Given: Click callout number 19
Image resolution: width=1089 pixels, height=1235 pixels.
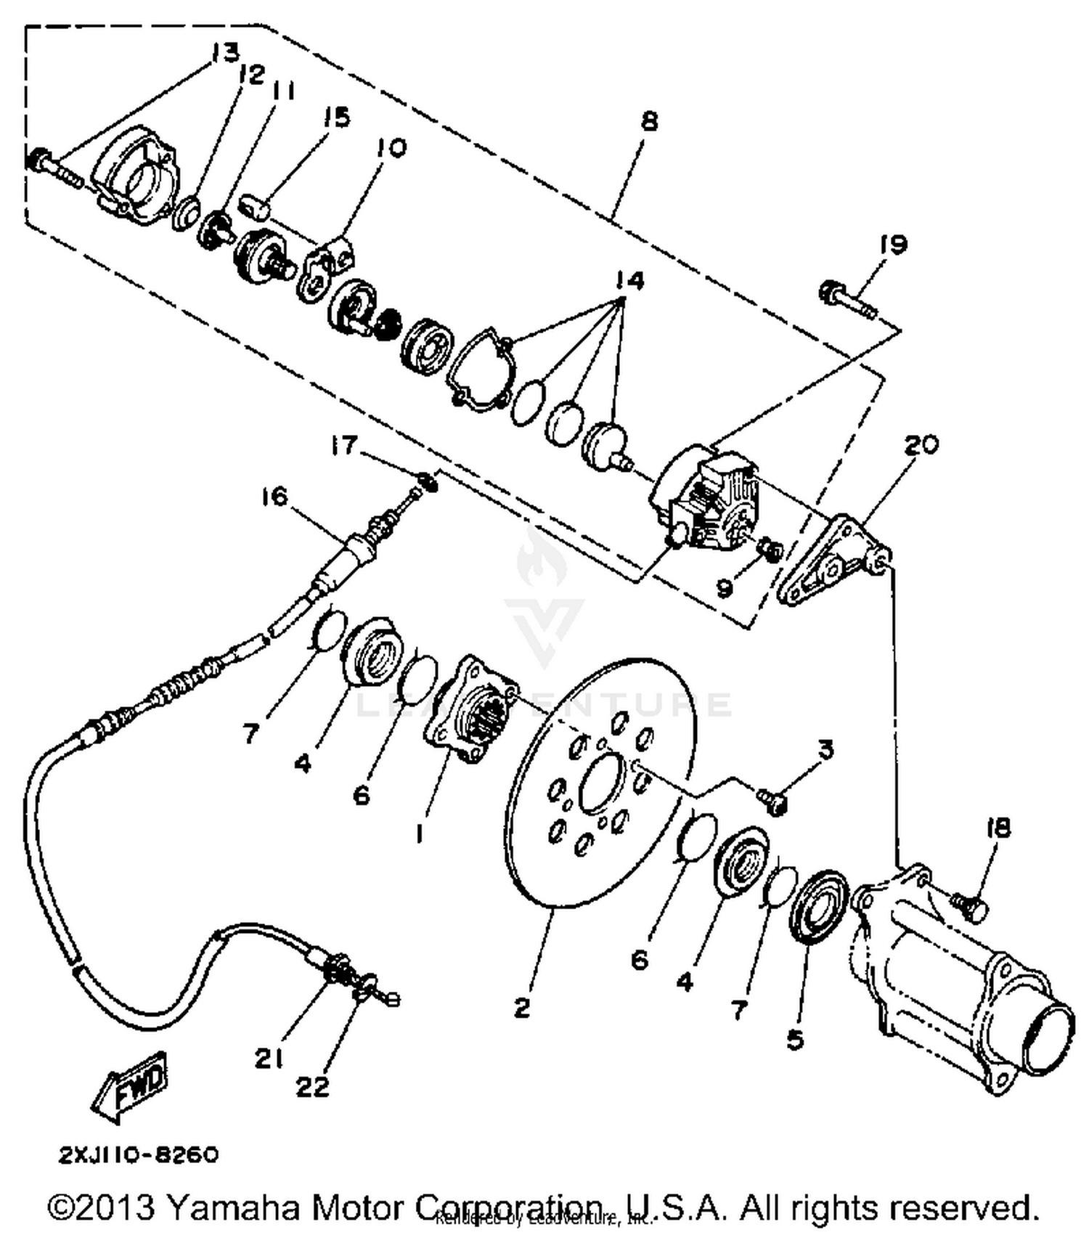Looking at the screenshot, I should [893, 245].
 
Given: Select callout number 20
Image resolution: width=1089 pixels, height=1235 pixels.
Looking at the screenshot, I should [920, 444].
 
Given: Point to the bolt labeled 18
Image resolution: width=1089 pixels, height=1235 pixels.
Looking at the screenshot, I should [971, 907].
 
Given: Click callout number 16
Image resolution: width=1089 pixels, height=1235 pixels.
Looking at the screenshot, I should [274, 497].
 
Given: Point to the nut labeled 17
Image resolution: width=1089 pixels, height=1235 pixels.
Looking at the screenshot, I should [429, 480].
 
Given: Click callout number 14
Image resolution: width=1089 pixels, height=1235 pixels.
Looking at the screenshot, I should [629, 281].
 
